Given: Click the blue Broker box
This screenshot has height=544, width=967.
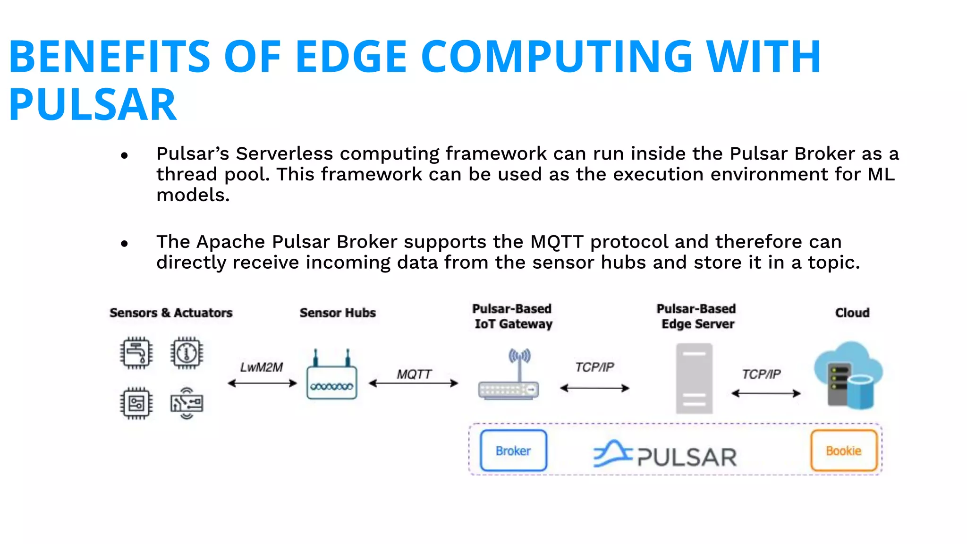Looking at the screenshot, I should pos(513,450).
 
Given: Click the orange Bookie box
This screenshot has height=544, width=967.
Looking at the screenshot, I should pos(843,450).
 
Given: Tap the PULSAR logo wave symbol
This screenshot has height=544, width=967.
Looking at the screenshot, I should pos(612,454).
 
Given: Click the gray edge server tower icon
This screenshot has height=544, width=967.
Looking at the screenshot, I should pos(694,379).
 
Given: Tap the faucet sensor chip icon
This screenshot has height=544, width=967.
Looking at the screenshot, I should pos(136,353).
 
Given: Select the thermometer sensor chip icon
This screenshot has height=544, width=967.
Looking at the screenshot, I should pos(187,353).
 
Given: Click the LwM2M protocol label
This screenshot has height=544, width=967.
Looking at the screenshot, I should pos(261,367).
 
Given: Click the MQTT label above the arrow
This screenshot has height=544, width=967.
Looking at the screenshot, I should pos(414,374).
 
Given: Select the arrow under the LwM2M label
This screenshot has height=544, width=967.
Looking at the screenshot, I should pos(262,383).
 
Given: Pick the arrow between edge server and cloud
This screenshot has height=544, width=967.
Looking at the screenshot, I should pos(766,393).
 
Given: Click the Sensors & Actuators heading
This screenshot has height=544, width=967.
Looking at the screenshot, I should pos(171,313).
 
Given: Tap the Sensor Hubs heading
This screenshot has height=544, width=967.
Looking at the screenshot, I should pos(338,313).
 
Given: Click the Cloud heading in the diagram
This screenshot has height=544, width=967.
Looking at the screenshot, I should pos(852,313).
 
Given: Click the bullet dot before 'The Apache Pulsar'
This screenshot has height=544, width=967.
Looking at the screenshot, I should pos(124,243).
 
